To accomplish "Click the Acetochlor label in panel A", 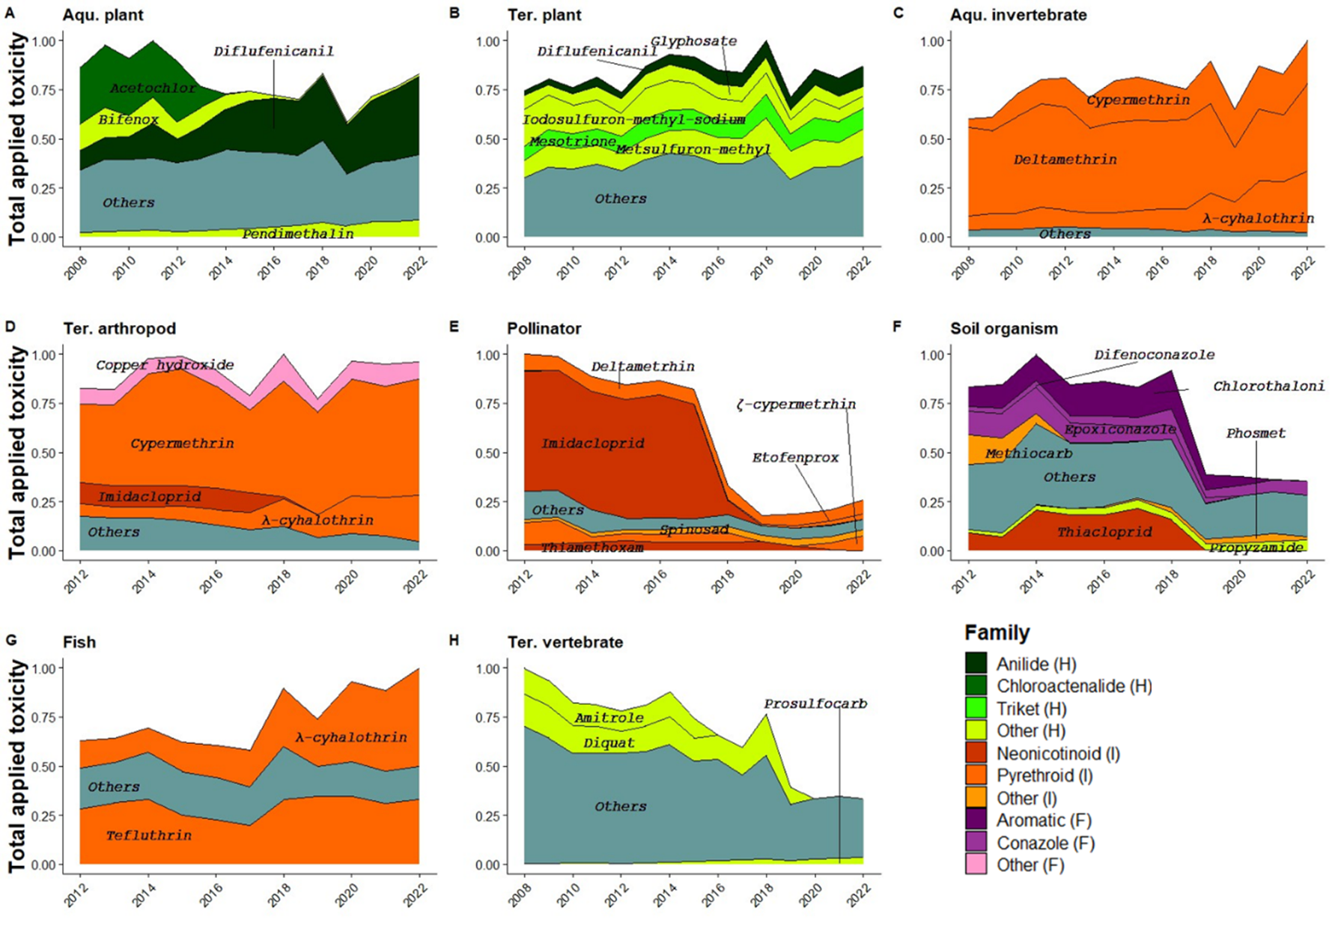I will click(x=153, y=88).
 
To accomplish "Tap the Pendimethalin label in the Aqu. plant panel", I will click(x=298, y=234).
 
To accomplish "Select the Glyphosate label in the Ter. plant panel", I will click(x=693, y=41).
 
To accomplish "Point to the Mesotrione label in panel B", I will click(x=573, y=142).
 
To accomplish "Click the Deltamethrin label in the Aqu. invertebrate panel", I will click(x=1065, y=160).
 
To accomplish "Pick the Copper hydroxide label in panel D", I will click(x=165, y=366).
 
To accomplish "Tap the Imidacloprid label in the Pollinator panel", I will click(x=592, y=444).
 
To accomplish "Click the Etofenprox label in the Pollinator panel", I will click(x=795, y=458).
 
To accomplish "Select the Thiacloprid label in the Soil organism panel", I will click(x=1104, y=532).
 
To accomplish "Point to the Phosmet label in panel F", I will click(x=1256, y=433).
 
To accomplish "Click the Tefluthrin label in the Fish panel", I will click(x=148, y=835).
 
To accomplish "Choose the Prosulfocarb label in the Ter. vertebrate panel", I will click(x=815, y=704).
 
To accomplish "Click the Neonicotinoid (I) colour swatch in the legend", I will click(x=976, y=754).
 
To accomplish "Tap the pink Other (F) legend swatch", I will click(x=976, y=865).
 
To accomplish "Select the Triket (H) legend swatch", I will click(x=976, y=709).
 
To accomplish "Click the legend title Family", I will click(x=997, y=633).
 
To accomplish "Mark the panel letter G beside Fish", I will click(x=10, y=641).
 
